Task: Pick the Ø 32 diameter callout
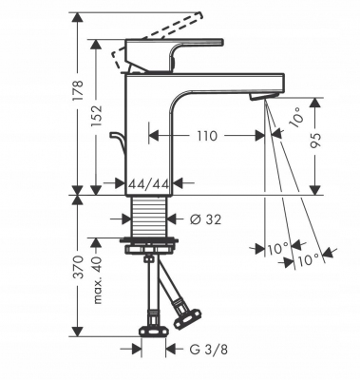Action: [206, 218]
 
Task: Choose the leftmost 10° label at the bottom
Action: [276, 249]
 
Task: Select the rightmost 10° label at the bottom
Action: [307, 257]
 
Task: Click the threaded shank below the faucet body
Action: [150, 216]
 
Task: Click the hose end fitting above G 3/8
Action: [152, 332]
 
